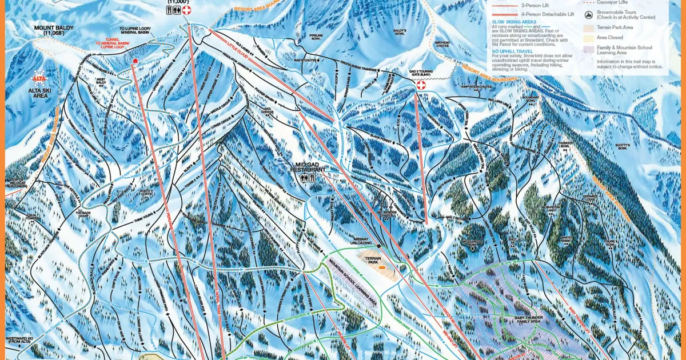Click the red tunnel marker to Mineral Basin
coord(135,61)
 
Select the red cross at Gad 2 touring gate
coord(421,85)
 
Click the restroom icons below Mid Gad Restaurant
coord(308,178)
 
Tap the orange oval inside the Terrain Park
coord(382,266)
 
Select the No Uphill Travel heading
coord(512,51)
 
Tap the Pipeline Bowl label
coord(316,38)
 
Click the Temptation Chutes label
coord(475,87)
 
